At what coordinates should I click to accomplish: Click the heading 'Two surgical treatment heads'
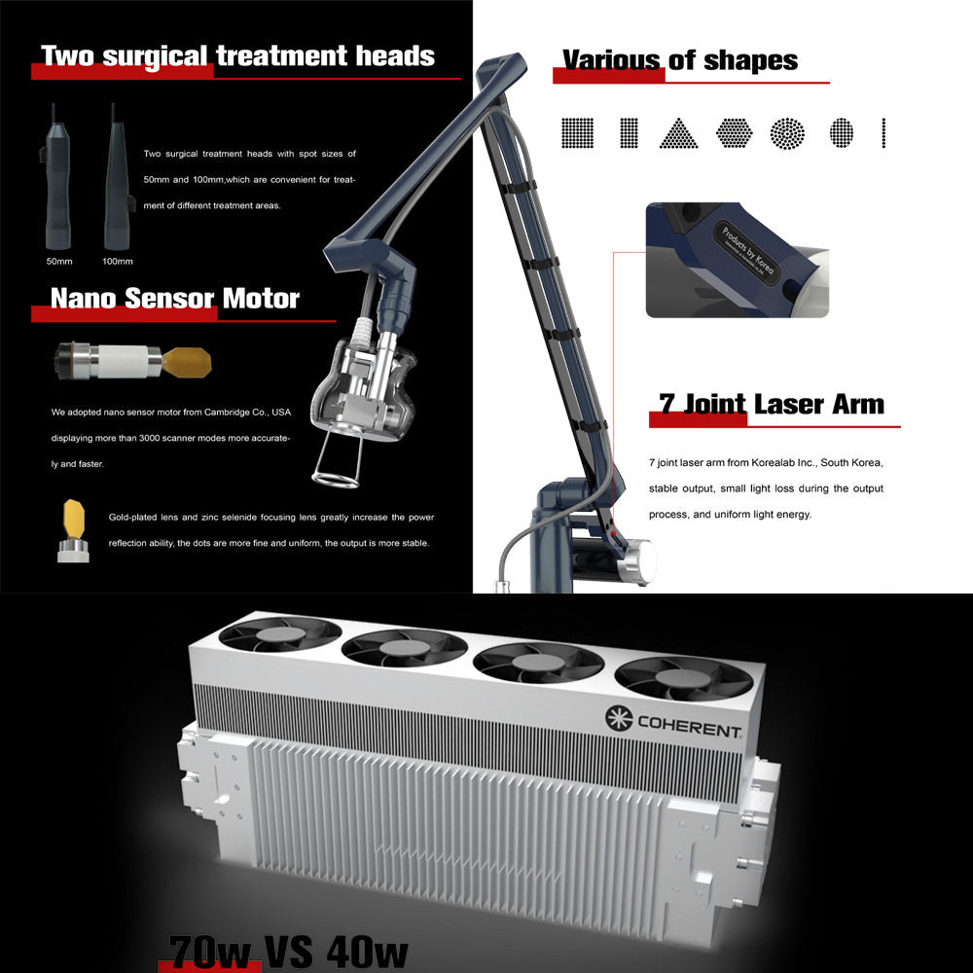click(x=237, y=55)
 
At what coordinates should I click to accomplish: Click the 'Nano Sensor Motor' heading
click(x=174, y=298)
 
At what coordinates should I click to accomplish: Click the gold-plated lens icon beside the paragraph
click(x=72, y=530)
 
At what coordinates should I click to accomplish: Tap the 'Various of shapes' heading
click(x=679, y=60)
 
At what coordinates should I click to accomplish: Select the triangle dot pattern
click(x=678, y=133)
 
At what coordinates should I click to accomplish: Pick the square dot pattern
click(x=577, y=132)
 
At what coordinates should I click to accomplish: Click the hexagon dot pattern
click(x=735, y=132)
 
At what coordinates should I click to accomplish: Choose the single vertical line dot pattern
click(x=883, y=132)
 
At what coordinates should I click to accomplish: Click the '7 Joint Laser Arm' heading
click(x=772, y=404)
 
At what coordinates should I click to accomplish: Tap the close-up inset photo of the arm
click(x=737, y=260)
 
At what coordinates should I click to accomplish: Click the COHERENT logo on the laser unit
click(x=673, y=721)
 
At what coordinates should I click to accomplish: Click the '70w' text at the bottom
click(x=209, y=951)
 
